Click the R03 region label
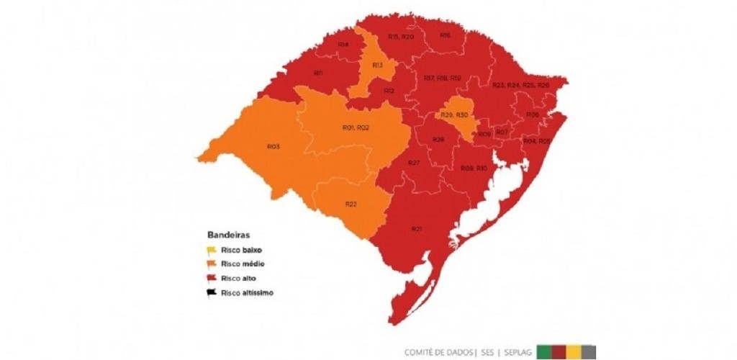273,146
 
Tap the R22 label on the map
351,204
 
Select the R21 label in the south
416,229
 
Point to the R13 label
377,66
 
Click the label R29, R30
455,115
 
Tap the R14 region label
343,45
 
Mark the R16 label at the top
445,35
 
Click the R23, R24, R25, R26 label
520,85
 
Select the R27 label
414,163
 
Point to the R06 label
533,114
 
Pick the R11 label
317,73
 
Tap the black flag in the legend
212,292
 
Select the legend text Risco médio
243,265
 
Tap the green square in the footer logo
544,351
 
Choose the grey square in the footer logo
589,351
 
